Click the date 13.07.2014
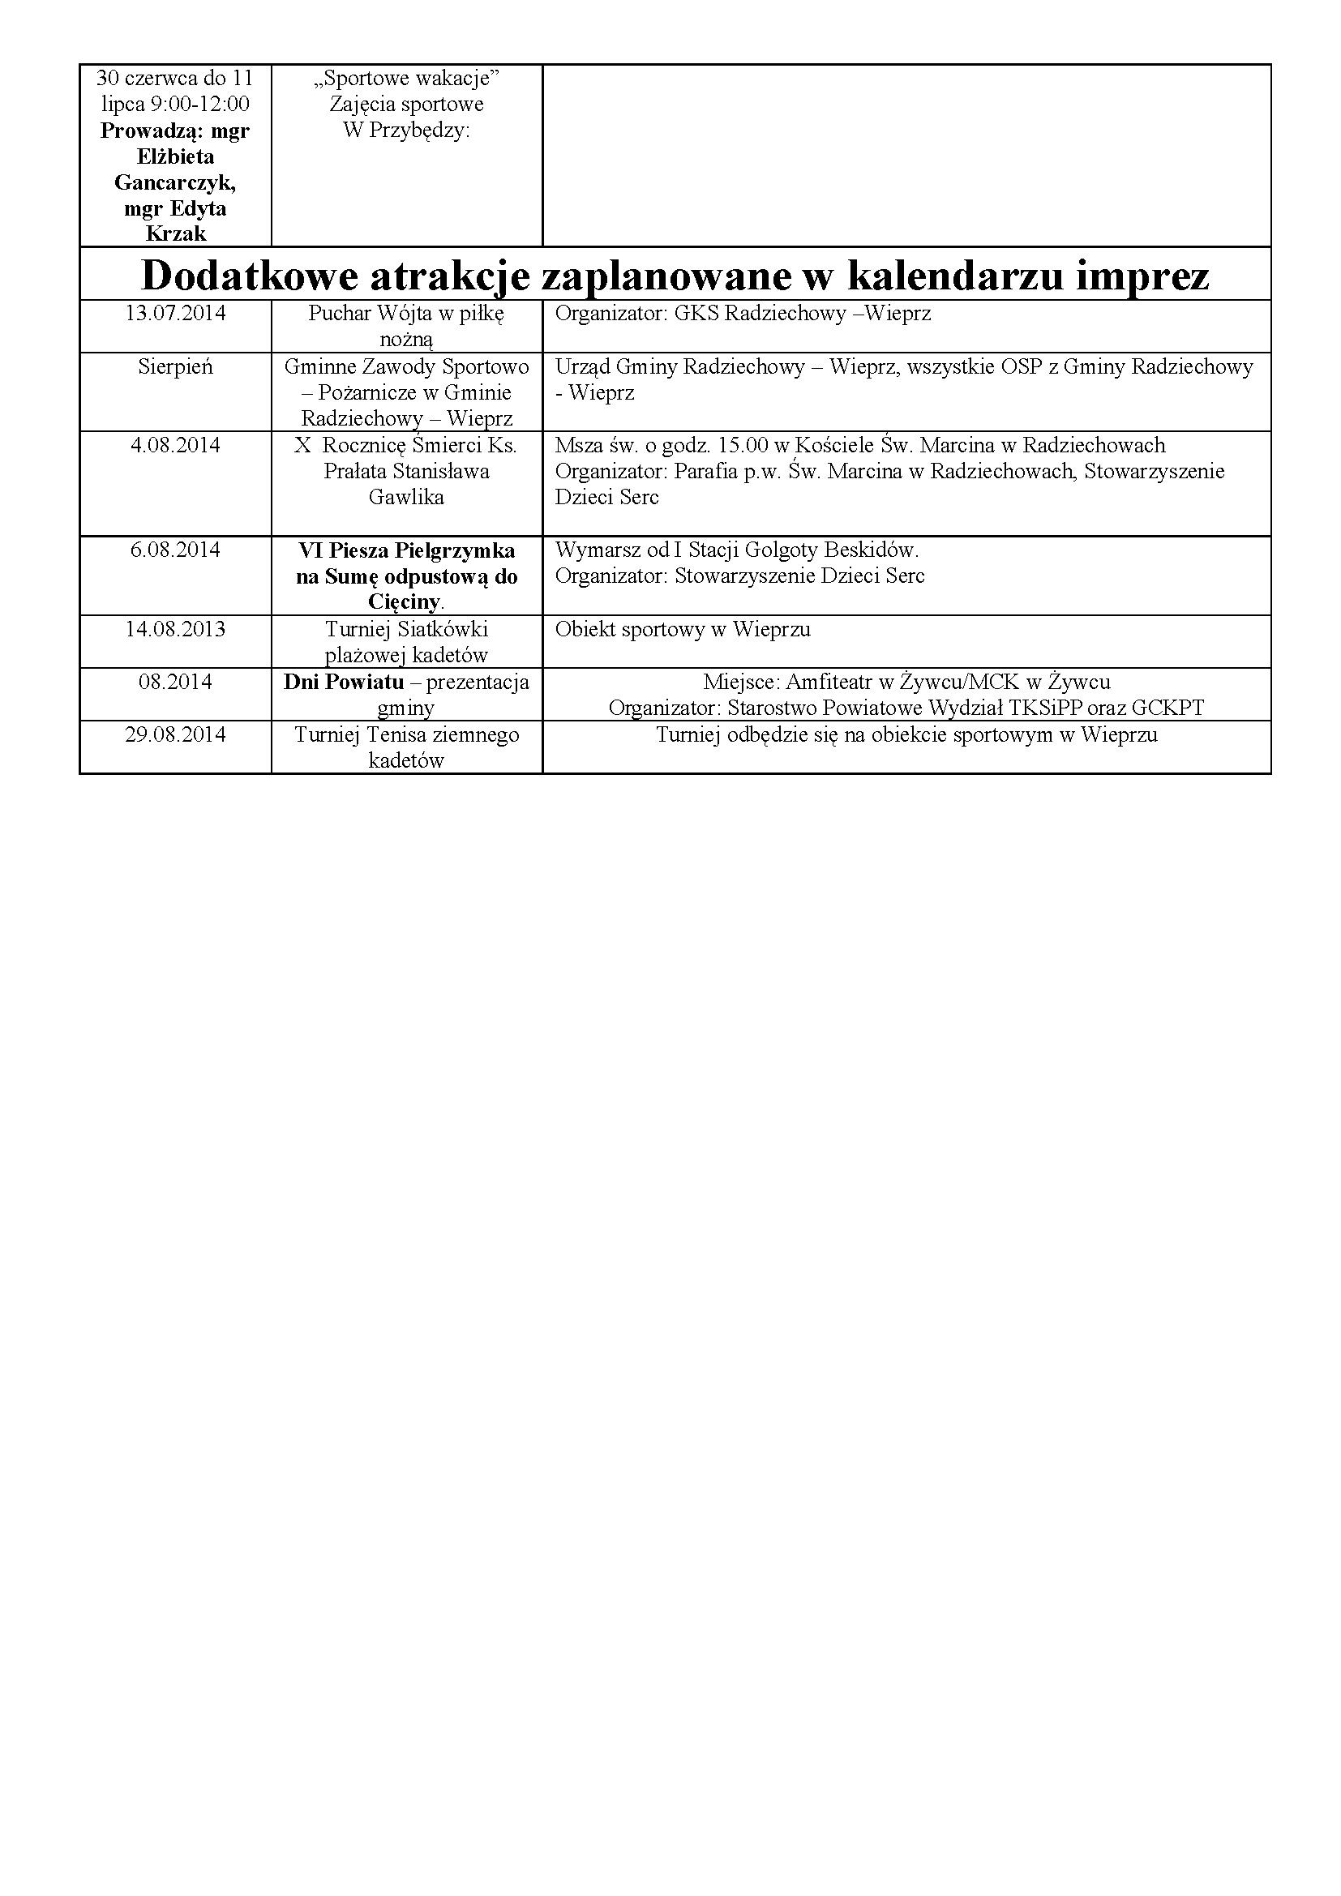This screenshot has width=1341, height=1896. click(x=175, y=314)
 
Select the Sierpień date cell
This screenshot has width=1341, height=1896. click(x=175, y=366)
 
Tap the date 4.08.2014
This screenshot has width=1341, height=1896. click(x=175, y=446)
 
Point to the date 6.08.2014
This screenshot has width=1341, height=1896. click(x=175, y=550)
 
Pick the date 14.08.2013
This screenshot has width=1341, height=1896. click(x=175, y=629)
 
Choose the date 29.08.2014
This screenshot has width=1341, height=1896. click(x=175, y=735)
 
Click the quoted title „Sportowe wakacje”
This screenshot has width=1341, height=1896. click(x=406, y=79)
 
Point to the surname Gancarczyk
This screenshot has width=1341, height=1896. click(x=175, y=182)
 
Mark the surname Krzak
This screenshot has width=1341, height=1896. click(x=175, y=234)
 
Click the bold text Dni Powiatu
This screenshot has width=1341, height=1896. click(x=344, y=682)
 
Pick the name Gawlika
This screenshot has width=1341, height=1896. click(x=406, y=497)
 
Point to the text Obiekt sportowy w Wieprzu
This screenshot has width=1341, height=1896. click(x=683, y=629)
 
